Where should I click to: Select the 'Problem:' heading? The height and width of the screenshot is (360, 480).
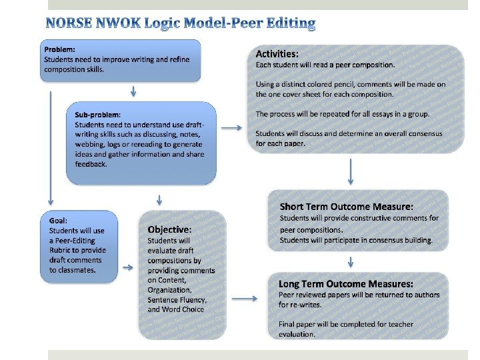59,49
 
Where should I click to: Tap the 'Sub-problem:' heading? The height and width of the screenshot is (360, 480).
97,114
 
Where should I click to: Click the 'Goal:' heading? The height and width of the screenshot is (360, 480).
58,221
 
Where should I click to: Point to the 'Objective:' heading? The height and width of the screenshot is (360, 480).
169,229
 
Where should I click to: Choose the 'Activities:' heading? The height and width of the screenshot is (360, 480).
277,53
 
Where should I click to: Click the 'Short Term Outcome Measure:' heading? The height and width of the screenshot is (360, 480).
346,207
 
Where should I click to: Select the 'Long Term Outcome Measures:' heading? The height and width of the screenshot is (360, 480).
346,283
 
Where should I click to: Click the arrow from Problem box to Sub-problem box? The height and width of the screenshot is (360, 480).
134,91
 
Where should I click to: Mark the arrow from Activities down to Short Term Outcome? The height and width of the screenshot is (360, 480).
351,173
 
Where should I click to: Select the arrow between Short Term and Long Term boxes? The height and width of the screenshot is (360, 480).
351,261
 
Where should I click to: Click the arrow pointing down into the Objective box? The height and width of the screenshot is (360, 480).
159,199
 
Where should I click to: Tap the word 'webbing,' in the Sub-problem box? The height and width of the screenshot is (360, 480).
90,144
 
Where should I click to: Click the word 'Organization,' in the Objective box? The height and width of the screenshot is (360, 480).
169,290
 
